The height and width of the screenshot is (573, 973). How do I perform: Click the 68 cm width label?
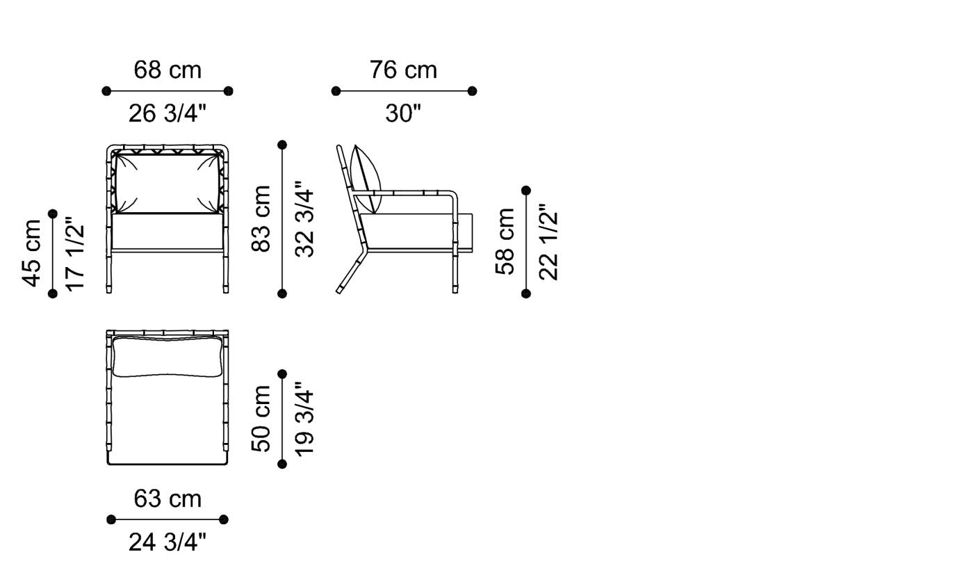(167, 70)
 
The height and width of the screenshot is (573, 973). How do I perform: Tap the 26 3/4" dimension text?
(167, 113)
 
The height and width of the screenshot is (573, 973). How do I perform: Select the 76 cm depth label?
(403, 70)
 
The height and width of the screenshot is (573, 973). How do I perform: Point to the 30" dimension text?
(403, 113)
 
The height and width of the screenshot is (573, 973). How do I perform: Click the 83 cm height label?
(261, 218)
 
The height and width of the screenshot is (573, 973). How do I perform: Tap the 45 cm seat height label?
(31, 253)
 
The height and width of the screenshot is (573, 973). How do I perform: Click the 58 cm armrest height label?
(505, 241)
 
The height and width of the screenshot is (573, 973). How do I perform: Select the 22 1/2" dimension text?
(548, 241)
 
